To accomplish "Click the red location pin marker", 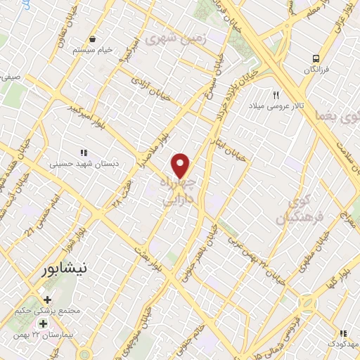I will pos(181,165).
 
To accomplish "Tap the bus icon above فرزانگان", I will pos(316,58).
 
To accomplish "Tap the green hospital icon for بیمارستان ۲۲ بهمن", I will pos(43,324).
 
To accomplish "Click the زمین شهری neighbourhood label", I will pos(173,40).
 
